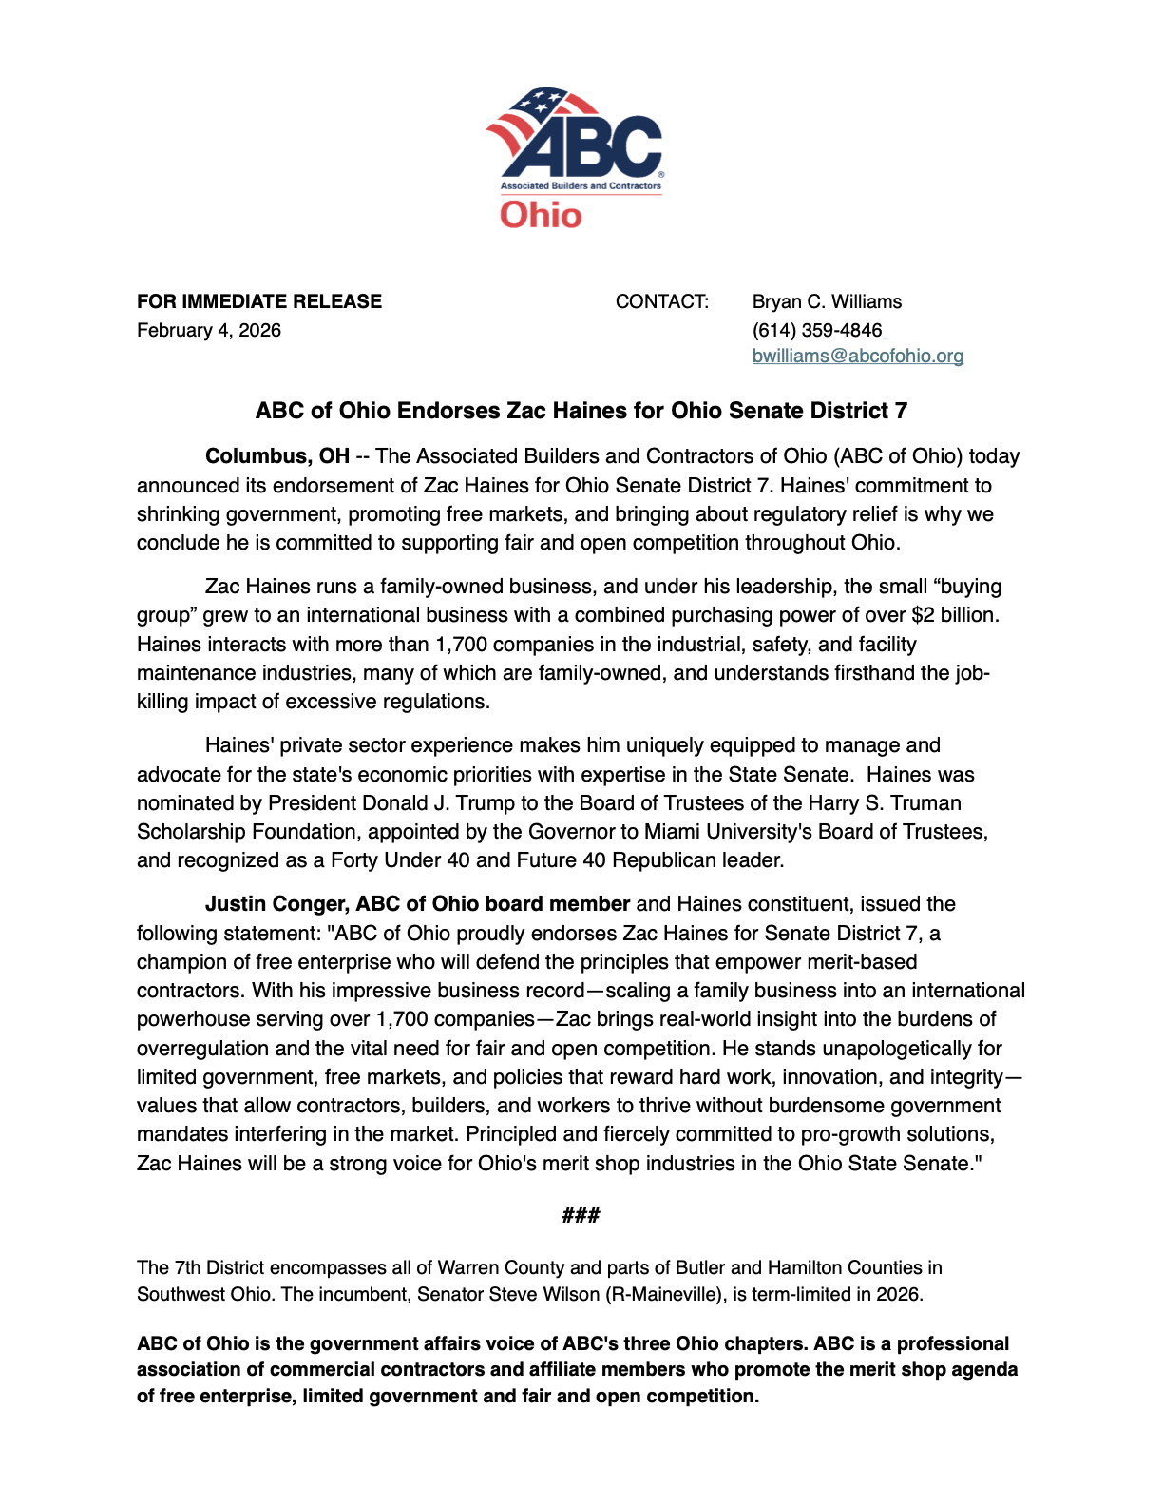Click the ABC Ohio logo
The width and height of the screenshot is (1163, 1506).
[x=575, y=157]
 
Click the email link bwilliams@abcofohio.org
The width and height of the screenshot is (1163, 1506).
[x=857, y=356]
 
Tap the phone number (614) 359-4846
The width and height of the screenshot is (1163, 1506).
[x=817, y=330]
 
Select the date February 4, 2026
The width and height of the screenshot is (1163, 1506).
[x=209, y=330]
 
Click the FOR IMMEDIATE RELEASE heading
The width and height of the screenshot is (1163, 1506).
[x=259, y=301]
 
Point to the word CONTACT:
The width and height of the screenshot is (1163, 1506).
[x=661, y=301]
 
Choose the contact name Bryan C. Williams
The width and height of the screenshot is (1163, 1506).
[x=827, y=301]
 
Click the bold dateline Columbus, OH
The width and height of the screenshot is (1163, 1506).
[x=277, y=456]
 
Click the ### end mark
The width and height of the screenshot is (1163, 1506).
[x=581, y=1215]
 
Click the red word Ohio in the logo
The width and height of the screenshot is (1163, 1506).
[x=541, y=215]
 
